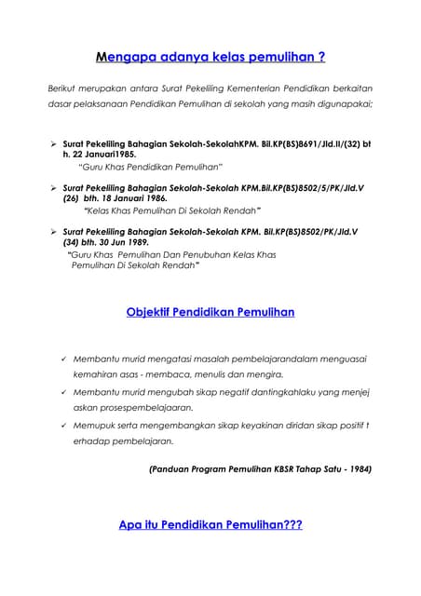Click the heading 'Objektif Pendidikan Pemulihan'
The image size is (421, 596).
pyautogui.click(x=210, y=312)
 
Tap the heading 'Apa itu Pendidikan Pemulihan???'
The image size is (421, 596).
pyautogui.click(x=210, y=525)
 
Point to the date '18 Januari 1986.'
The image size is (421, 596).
pyautogui.click(x=120, y=198)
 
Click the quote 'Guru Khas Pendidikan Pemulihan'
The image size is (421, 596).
pyautogui.click(x=150, y=167)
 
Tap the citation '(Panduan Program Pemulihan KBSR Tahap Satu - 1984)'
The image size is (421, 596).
pyautogui.click(x=260, y=469)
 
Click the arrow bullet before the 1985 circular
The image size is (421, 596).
pyautogui.click(x=53, y=144)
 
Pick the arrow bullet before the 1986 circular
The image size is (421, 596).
pyautogui.click(x=53, y=187)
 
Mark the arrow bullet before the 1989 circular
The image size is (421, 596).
pyautogui.click(x=53, y=230)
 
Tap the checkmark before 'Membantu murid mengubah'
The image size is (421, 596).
pyautogui.click(x=62, y=392)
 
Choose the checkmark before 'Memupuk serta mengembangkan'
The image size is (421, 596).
pyautogui.click(x=62, y=425)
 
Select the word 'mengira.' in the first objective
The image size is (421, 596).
pyautogui.click(x=233, y=374)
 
